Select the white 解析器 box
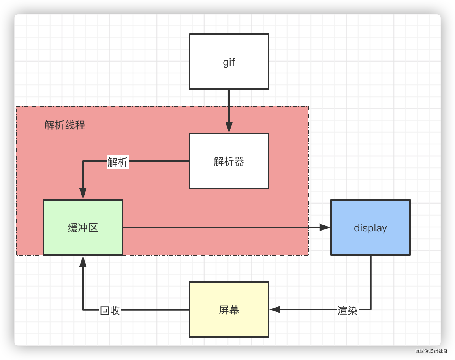(229, 174)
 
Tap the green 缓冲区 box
(83, 241)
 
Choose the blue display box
(370, 241)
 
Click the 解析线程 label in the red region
(65, 126)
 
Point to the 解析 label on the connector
(118, 162)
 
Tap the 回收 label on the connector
(110, 311)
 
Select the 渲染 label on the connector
(348, 311)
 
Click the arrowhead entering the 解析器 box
(229, 127)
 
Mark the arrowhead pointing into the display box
(325, 227)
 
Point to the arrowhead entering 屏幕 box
(275, 309)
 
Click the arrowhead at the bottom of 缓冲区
(83, 261)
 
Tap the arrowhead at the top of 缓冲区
(83, 193)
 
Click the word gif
(229, 62)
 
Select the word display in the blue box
(370, 228)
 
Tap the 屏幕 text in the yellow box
(229, 310)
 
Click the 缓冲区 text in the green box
(83, 228)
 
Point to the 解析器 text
(229, 161)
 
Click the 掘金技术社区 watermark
(431, 351)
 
